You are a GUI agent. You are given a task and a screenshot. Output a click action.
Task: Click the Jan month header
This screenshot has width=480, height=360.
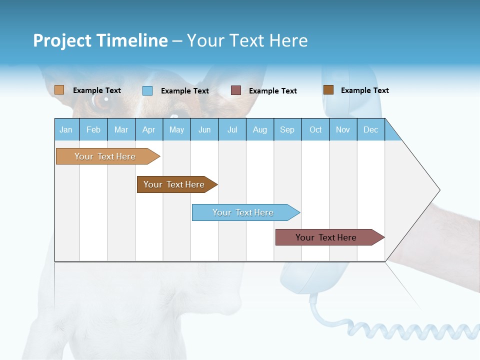pos(66,129)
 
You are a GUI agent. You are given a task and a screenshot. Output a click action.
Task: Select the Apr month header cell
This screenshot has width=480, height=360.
pos(149,129)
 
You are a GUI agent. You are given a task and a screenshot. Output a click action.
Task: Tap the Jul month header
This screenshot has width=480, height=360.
pos(232,129)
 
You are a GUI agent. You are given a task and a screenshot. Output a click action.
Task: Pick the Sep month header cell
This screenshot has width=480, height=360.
pos(287,129)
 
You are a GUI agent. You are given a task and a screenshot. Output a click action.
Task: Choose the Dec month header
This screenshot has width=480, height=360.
pos(370,129)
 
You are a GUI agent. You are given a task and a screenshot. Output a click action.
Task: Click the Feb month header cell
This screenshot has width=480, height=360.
pos(93,129)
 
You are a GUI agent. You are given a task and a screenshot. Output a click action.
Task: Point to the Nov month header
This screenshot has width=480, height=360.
pos(343,129)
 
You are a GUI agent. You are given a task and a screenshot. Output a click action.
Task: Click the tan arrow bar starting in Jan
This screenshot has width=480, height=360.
pos(105,156)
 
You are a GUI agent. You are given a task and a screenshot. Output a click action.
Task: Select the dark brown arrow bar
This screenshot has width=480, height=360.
pos(174,184)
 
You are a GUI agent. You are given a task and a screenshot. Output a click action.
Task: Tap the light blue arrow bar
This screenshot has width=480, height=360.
pos(243,212)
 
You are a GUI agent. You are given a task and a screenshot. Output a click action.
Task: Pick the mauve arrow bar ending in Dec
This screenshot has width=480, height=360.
pos(326,237)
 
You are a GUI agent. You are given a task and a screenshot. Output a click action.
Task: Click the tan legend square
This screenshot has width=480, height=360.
pos(59,90)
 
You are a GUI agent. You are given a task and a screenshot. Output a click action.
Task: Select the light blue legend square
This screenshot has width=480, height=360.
pos(147,90)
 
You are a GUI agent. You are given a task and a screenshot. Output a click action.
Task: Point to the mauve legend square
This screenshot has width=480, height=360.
pos(236,90)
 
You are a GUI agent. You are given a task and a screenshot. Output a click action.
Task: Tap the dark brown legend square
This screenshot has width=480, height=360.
pos(328,90)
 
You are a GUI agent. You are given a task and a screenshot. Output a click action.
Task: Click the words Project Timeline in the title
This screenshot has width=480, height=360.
pos(100,40)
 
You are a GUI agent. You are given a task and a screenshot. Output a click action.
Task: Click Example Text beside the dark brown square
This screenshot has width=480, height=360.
pos(364,90)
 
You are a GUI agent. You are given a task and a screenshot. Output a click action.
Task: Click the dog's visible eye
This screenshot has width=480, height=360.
pos(101,101)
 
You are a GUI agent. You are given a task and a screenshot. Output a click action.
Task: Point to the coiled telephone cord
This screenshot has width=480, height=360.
pos(410,330)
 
